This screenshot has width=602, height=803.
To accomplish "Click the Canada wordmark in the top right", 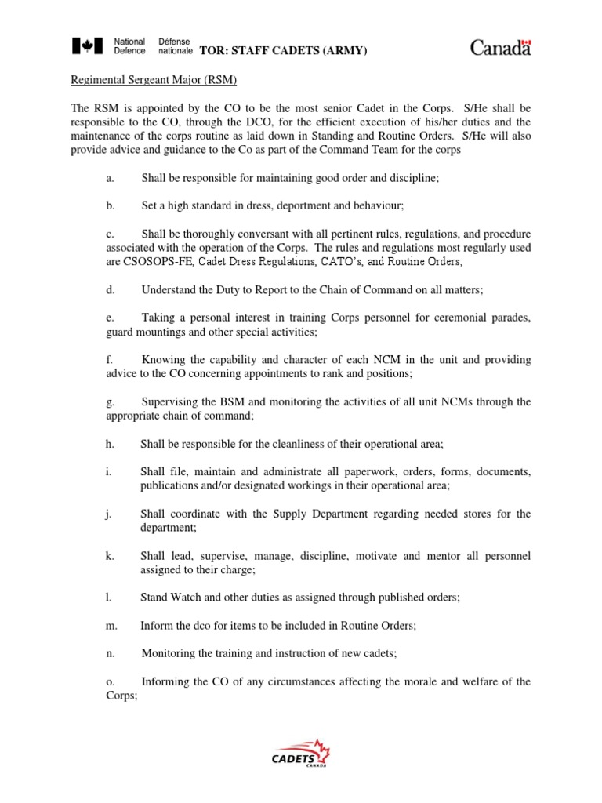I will [501, 48].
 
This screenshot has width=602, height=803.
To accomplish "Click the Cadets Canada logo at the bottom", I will [300, 754].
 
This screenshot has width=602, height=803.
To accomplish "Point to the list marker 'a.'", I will [110, 178].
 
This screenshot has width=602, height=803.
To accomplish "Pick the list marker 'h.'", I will [110, 444].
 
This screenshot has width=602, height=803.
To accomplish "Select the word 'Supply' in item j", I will [293, 514].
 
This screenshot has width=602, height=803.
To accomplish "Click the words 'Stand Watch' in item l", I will [169, 597].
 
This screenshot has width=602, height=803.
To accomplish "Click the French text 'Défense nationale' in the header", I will [175, 46].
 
